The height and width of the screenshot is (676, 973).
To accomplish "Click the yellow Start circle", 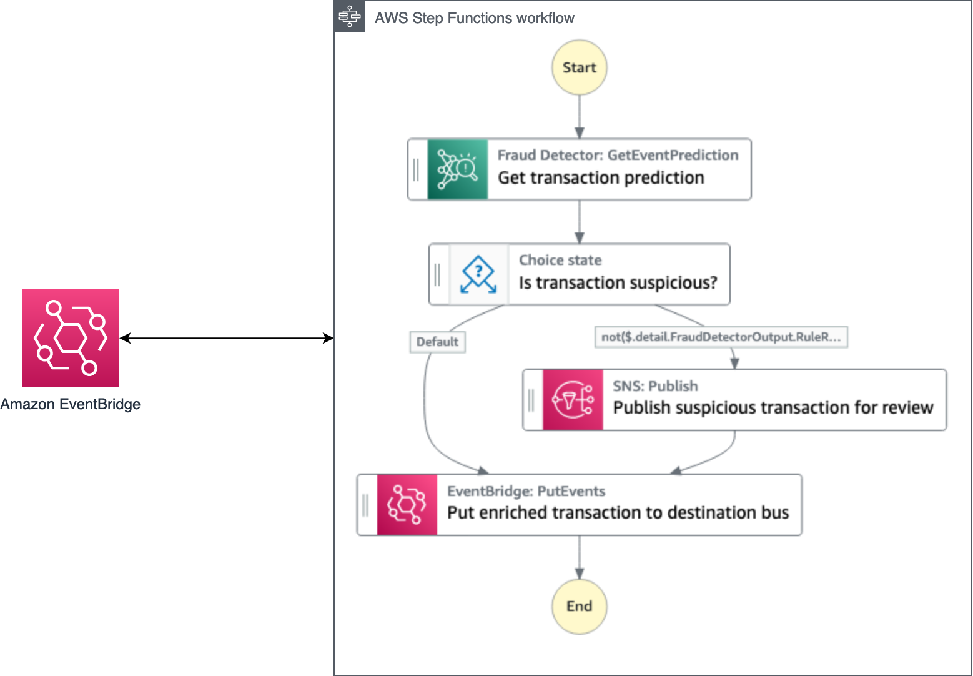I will point(579,67).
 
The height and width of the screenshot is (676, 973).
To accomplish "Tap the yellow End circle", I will point(579,606).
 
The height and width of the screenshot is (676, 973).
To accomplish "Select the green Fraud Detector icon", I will point(457,169).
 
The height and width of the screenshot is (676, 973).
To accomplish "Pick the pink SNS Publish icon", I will point(573,400).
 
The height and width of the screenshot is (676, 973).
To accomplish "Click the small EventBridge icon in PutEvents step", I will point(407,505).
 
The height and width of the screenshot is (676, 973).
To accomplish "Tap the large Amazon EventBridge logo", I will point(71,338).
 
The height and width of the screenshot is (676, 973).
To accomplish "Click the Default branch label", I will point(437,342).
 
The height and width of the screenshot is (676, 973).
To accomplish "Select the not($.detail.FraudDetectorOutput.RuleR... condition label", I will point(721,337).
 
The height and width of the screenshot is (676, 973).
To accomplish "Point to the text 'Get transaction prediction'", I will point(601,178).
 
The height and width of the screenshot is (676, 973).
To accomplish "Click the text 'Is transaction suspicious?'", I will point(618,283).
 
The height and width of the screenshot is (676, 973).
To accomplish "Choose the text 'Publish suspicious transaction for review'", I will point(773,408).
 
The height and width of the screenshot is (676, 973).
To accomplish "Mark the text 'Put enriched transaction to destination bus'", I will point(618,513).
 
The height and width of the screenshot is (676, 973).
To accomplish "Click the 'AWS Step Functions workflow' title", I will point(474,18).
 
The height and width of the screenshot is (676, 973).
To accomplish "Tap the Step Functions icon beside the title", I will point(350,17).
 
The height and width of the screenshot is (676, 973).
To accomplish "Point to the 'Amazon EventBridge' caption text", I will point(71,404).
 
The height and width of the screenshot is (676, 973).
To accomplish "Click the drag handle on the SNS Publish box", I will point(531,400).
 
